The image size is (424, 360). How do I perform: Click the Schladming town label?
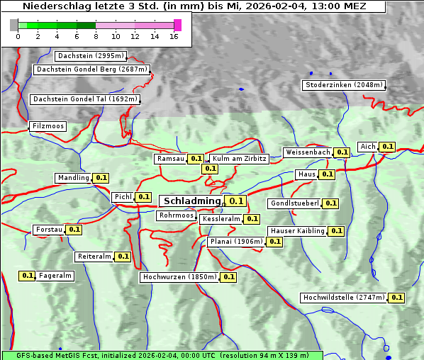[x=192, y=201]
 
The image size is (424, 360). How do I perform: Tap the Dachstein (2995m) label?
[x=91, y=56]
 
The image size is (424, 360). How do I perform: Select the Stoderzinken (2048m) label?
[x=344, y=85]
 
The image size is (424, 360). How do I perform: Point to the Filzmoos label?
[x=48, y=126]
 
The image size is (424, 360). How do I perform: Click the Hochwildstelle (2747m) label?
[x=344, y=298]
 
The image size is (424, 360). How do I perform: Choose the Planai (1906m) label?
[x=236, y=242]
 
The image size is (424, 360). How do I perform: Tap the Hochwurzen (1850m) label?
[x=179, y=277]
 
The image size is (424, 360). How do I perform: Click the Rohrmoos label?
[x=176, y=215]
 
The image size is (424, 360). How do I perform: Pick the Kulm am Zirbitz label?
[x=238, y=159]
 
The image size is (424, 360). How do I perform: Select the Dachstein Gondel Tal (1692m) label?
[x=84, y=99]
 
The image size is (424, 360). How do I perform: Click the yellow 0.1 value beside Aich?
[x=387, y=147]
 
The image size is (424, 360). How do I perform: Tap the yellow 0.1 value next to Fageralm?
[x=28, y=276]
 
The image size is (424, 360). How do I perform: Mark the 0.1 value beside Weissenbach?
[x=342, y=152]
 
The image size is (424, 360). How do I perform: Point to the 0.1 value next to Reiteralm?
[x=123, y=257]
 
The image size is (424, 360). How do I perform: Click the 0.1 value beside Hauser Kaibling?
[x=336, y=231]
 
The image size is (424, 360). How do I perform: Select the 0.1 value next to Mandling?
[x=101, y=178]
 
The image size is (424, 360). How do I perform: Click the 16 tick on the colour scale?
[x=174, y=35]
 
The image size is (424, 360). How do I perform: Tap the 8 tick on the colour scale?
[x=96, y=35]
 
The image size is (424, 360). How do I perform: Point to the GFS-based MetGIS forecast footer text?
[x=162, y=355]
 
